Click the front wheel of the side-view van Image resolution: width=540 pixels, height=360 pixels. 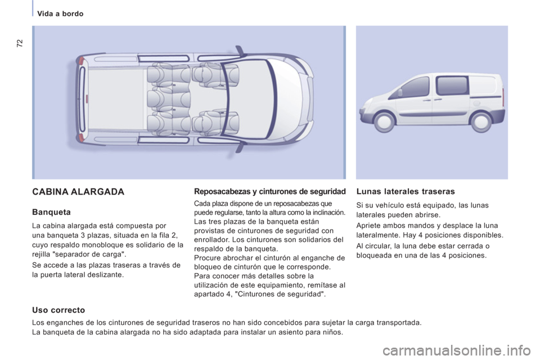pos(385,120)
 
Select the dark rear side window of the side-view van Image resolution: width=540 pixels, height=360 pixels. pos(452,86)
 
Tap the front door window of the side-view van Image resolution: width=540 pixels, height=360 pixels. pos(416,88)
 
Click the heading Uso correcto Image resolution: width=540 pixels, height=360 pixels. pos(58,309)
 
